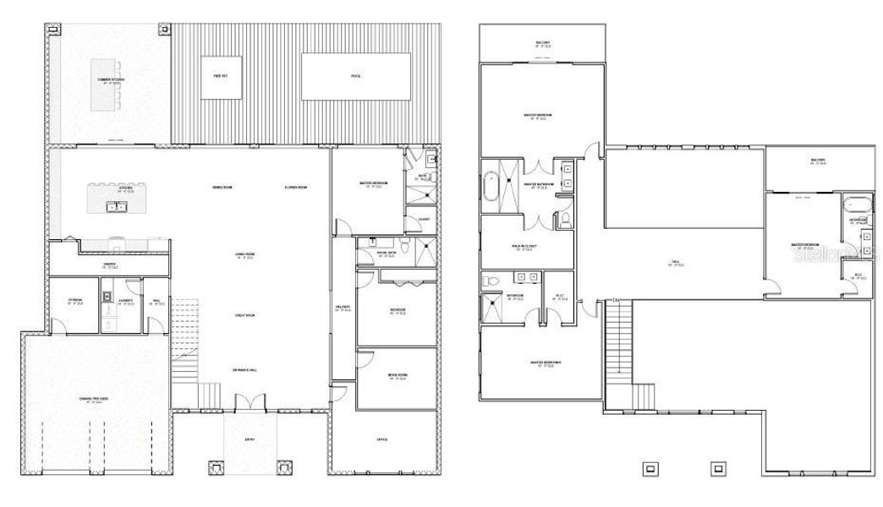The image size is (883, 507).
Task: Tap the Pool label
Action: (x=356, y=77)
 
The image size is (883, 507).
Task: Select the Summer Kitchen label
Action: (x=112, y=80)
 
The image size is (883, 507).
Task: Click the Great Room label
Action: (x=245, y=315)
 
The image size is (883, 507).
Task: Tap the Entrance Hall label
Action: (x=245, y=371)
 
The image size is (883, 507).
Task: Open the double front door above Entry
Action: (x=246, y=402)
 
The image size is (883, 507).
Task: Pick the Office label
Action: (x=382, y=439)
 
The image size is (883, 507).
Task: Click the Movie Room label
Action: (x=397, y=379)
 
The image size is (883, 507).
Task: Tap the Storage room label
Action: (x=75, y=302)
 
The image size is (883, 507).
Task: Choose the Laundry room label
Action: (x=126, y=302)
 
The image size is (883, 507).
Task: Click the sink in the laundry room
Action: (x=108, y=297)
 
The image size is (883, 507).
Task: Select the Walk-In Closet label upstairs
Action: (x=524, y=248)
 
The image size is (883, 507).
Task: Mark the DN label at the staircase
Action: (x=617, y=300)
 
